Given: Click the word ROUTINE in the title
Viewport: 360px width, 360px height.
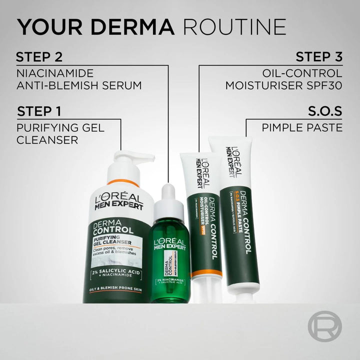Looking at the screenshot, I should click(234, 26).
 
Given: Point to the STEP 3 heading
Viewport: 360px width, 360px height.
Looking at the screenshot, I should click(318, 56).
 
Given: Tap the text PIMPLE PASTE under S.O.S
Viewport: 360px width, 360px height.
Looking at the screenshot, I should click(302, 127).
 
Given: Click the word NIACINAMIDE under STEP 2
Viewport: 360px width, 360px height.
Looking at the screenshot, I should click(55, 72).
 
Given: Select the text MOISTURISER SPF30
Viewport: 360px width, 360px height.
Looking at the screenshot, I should click(283, 85).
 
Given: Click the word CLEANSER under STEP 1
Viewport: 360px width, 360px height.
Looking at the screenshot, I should click(47, 140).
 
